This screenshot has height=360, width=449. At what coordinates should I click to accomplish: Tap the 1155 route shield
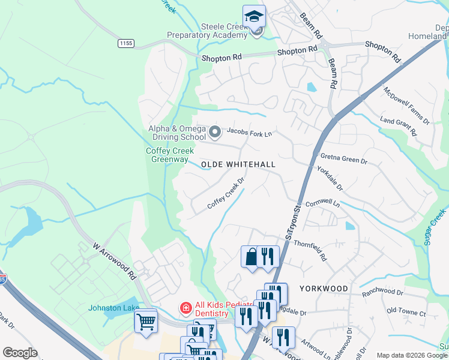tap(126, 43)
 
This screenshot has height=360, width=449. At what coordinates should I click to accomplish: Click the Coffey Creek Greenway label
tap(169, 155)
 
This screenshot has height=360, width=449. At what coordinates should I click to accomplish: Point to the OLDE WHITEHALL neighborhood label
tap(238, 164)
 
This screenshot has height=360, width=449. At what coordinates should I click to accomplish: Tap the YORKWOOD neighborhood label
tap(324, 289)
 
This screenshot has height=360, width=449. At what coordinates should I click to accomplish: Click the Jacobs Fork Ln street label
tap(249, 133)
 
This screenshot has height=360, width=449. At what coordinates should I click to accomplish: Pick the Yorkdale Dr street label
tap(331, 179)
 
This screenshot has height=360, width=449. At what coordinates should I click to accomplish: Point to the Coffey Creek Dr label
tap(227, 193)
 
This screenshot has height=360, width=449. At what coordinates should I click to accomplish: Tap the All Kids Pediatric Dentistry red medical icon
tap(186, 308)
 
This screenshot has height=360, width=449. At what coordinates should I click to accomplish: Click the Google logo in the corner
tap(20, 353)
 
